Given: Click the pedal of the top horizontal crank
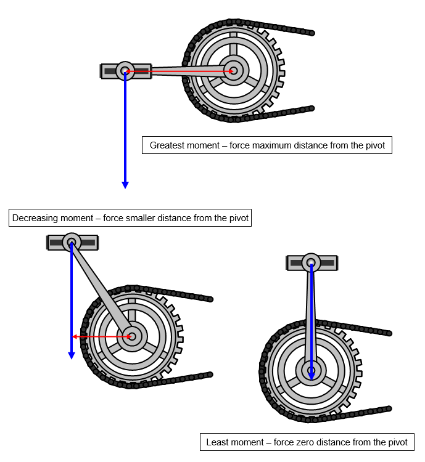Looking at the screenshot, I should coord(126,71).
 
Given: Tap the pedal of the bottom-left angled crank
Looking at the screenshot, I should coord(72,242).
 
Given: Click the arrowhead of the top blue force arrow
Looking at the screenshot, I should coord(125,184).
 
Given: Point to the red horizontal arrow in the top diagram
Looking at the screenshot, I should coord(179,71).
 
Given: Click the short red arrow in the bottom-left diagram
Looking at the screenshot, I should coord(102,336).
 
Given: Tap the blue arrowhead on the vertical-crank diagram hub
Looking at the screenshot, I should coord(312,375).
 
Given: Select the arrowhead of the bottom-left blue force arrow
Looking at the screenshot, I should coord(72,355).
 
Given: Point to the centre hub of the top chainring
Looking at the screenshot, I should coord(234,71).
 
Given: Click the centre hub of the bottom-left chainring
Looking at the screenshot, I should coord(131,336).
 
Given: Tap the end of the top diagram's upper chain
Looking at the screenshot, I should coord(312,33).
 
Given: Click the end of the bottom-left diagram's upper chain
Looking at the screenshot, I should coord(210,299).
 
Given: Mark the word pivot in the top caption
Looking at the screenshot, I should coord(374,146).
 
